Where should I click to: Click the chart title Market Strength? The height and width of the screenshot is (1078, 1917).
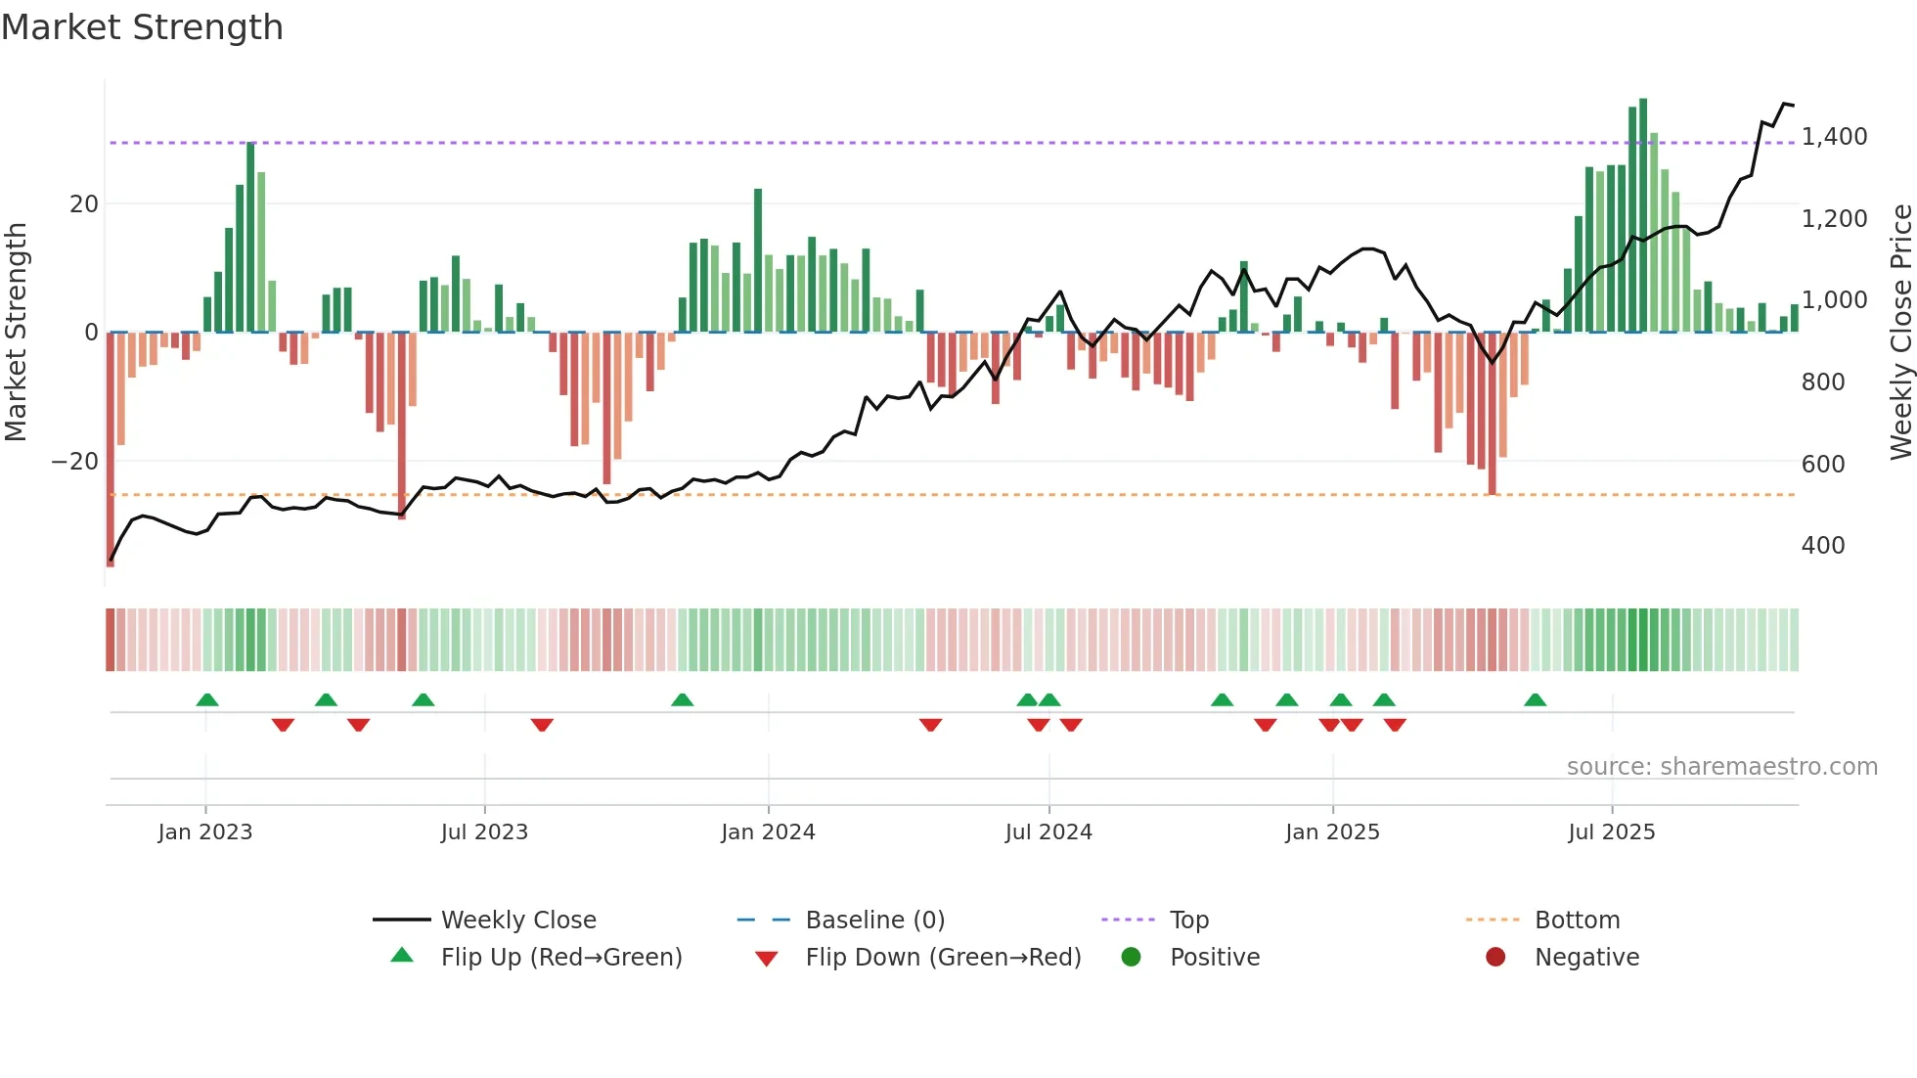pos(142,27)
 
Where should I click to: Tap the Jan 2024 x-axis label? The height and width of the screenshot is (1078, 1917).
pos(768,832)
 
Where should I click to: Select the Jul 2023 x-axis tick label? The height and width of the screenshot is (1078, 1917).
pos(484,832)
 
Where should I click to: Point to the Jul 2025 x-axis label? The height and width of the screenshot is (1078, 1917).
pos(1611,832)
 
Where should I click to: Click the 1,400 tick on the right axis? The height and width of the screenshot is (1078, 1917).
pos(1834,137)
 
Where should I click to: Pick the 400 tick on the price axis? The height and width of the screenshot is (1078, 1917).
pos(1823,546)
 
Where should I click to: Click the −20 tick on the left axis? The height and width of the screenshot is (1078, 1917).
pos(75,462)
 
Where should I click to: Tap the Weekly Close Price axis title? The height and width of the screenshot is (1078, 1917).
pos(1900,333)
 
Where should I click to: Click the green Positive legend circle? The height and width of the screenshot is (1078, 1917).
pos(1132,958)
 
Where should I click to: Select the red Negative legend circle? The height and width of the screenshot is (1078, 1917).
pos(1495,958)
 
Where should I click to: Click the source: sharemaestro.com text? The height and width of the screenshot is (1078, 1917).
pos(1721,767)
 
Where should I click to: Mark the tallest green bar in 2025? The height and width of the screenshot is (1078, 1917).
pos(1643,215)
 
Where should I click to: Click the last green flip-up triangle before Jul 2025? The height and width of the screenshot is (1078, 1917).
pos(1536,700)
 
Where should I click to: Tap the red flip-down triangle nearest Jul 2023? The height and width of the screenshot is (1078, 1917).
pos(542,725)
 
